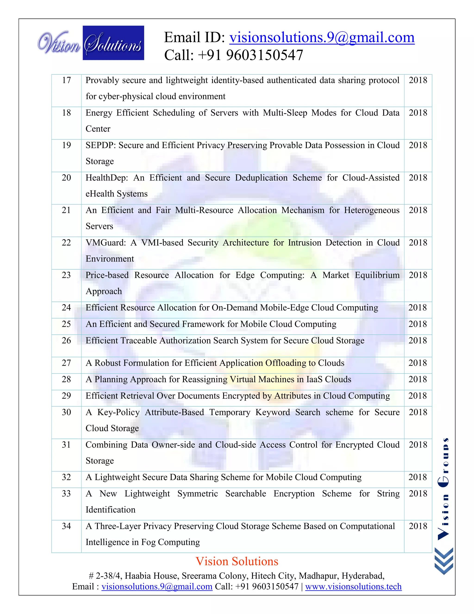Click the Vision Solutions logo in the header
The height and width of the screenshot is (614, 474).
click(x=90, y=43)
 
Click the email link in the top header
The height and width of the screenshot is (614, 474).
click(x=322, y=38)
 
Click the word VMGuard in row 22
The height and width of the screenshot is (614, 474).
click(x=106, y=243)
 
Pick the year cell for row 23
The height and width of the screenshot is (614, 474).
click(x=418, y=275)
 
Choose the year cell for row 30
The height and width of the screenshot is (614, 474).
click(x=418, y=412)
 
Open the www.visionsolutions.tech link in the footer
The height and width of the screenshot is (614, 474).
click(x=353, y=586)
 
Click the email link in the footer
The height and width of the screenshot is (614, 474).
click(x=157, y=586)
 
